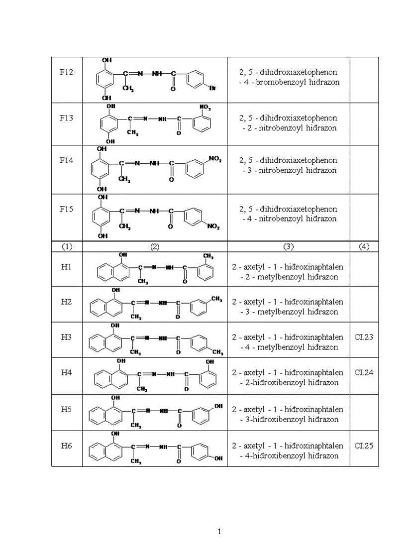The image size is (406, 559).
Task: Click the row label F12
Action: click(67, 72)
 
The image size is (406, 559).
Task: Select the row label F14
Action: click(67, 160)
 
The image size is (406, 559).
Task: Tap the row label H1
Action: click(67, 267)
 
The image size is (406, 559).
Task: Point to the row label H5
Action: click(67, 409)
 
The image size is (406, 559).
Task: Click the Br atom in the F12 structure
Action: click(212, 89)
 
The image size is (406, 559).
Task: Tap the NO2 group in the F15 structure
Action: click(213, 227)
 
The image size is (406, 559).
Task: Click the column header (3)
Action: click(289, 246)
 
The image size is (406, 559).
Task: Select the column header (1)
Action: click(67, 246)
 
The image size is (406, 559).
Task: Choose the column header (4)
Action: click(364, 246)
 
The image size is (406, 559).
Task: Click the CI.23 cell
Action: click(364, 337)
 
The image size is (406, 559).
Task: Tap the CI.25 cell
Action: click(364, 446)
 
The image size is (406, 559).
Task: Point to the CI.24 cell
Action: click(364, 372)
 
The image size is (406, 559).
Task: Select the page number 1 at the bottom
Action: click(219, 532)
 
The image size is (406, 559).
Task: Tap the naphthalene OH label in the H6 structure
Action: click(115, 434)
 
